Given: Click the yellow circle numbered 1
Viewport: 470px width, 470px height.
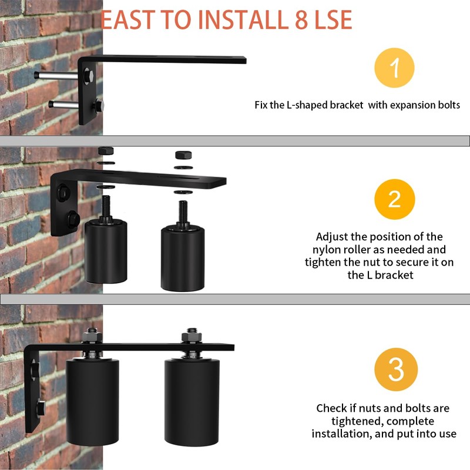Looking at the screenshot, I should tap(394, 68).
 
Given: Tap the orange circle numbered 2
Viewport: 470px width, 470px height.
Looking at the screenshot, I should tap(394, 199).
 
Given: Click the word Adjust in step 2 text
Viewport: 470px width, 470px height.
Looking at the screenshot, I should tap(333, 237).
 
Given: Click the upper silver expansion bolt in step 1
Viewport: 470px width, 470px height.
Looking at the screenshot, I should tap(56, 76).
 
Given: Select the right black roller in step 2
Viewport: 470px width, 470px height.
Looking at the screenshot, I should tap(183, 258).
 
